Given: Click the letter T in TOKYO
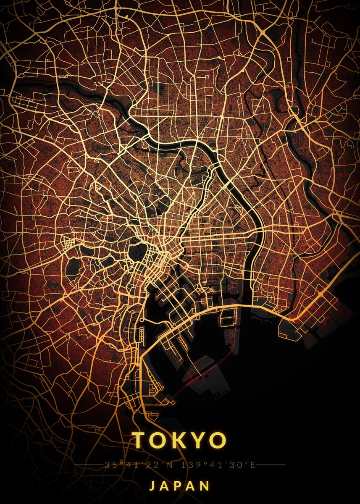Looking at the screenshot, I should click(x=142, y=440).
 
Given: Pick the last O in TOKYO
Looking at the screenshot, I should click(x=217, y=440).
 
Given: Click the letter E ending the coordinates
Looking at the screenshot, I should click(x=253, y=465).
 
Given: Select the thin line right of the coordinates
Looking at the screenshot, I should click(x=271, y=465).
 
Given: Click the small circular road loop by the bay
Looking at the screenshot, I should click(x=142, y=320).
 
